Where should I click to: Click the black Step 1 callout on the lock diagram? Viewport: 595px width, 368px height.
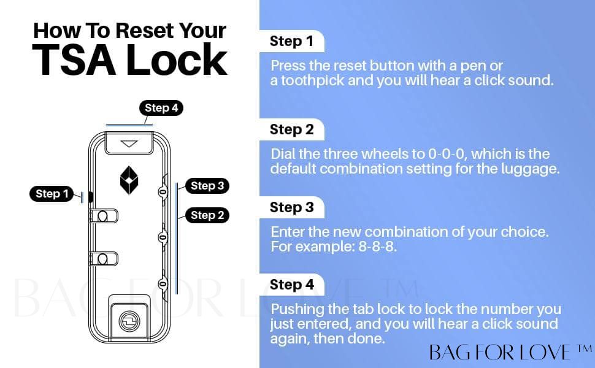point(52,194)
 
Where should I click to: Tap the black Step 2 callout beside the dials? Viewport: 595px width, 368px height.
point(207,215)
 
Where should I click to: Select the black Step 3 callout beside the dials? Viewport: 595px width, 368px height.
point(207,186)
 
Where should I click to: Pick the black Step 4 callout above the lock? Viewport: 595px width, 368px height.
point(161,108)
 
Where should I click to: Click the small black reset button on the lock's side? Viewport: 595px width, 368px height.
point(91,197)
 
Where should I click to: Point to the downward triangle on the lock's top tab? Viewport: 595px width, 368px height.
point(129,144)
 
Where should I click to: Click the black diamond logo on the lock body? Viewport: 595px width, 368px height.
point(129,180)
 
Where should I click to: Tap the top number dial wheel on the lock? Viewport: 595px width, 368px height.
point(163,192)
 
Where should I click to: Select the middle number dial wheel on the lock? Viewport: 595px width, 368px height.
point(163,237)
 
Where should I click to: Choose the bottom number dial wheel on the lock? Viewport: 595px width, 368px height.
point(163,284)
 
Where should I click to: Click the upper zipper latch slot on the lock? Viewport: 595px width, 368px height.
point(104,216)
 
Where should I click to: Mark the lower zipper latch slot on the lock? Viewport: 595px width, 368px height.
point(104,259)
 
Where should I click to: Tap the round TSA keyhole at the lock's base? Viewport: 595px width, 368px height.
point(129,321)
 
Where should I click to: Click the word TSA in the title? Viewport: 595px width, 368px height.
point(74,60)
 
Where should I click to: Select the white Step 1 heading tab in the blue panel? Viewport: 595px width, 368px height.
point(291,41)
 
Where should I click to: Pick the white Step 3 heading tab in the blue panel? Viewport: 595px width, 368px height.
point(291,207)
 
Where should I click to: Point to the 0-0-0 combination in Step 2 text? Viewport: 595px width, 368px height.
point(447,154)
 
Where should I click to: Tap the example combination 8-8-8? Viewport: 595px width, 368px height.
point(378,247)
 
